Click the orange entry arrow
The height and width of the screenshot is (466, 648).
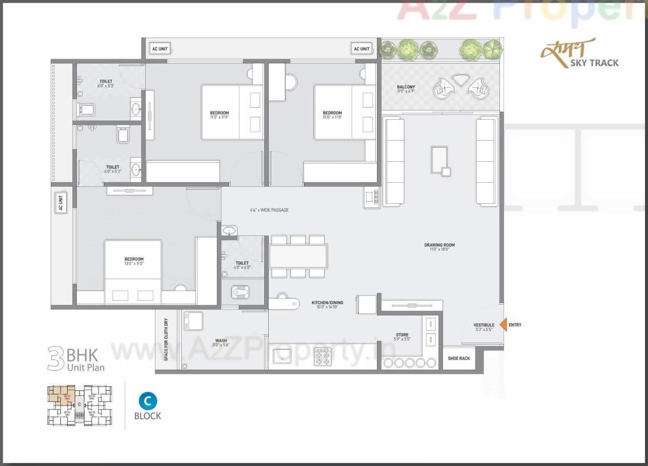[503, 325]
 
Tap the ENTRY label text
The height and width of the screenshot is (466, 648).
[515, 325]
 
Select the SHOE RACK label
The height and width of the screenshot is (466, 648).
[459, 358]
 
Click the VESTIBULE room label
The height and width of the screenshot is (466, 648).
[484, 325]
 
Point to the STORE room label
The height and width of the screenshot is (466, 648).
[402, 335]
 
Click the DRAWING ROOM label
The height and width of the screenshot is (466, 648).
[440, 246]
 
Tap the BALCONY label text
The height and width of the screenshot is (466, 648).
[406, 87]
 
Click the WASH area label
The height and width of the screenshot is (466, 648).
[221, 341]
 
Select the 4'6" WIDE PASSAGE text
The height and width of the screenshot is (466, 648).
[269, 210]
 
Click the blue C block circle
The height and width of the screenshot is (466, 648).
[147, 401]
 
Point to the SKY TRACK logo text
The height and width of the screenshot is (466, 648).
[594, 63]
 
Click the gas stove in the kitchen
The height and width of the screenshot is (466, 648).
[323, 357]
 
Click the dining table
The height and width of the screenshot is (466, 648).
[298, 256]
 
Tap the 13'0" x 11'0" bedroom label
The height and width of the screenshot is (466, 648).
[134, 261]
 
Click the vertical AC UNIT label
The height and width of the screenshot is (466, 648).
[60, 203]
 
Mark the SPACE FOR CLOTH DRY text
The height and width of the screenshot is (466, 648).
[166, 340]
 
